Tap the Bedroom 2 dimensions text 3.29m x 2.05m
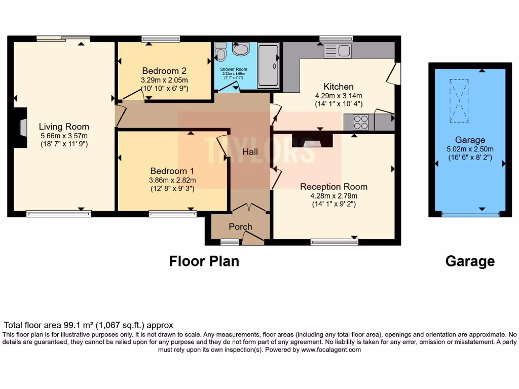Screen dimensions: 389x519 point(164,80)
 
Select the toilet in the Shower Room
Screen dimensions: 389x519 point(220,51)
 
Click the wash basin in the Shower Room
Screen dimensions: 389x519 point(241,49)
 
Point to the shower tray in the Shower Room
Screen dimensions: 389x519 point(268,66)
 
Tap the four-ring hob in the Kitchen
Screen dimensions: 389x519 point(360,122)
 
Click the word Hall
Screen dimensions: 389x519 point(250,152)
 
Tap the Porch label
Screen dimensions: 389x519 point(240,226)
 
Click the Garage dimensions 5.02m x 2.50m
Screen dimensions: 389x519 point(470,149)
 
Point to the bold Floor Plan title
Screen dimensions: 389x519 point(204,261)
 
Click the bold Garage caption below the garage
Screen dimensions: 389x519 point(470,261)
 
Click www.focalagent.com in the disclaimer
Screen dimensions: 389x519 point(331,349)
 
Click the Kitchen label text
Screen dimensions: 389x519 point(339,87)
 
